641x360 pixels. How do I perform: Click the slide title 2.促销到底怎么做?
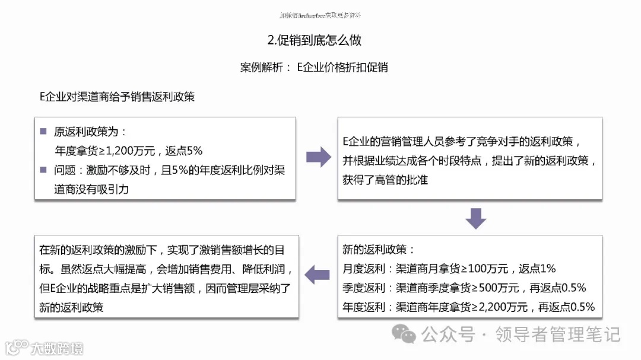click(315, 40)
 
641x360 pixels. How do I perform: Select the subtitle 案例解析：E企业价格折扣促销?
click(314, 67)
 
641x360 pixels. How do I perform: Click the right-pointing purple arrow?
click(318, 157)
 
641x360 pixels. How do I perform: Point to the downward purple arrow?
click(475, 218)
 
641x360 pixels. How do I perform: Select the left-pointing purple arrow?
click(318, 274)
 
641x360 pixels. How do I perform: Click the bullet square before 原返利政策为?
click(43, 132)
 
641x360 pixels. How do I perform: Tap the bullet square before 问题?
click(43, 170)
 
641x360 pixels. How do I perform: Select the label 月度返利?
click(364, 269)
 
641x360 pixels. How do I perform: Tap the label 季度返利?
click(364, 288)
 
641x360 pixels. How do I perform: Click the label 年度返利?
click(364, 307)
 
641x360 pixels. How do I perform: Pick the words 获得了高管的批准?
click(385, 180)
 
